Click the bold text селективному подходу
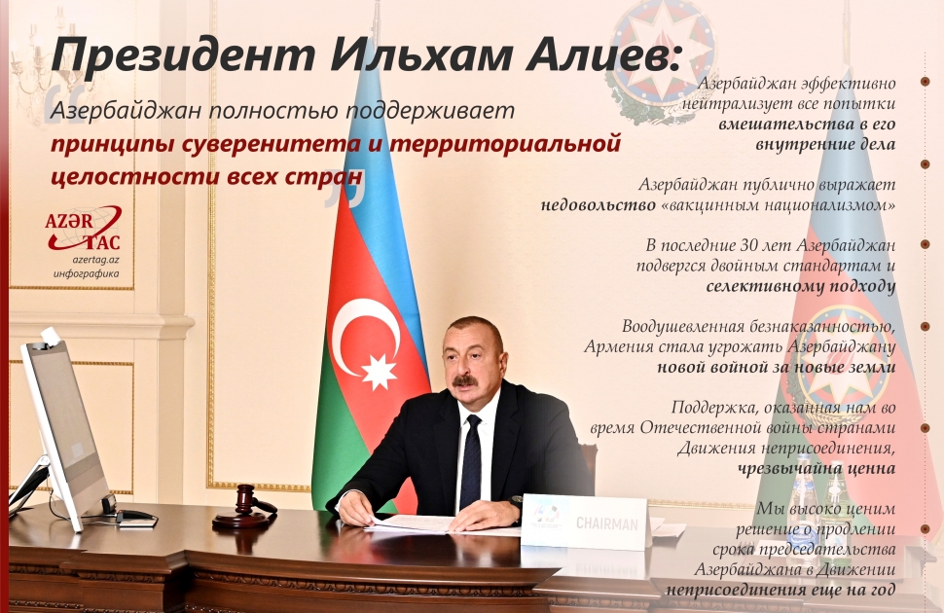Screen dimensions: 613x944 (800, 286)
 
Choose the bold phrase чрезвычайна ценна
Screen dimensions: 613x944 (817, 467)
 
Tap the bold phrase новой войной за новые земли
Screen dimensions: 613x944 (776, 367)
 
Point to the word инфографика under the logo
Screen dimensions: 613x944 (86, 274)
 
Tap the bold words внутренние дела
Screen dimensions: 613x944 (825, 143)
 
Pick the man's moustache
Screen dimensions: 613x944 (465, 380)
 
